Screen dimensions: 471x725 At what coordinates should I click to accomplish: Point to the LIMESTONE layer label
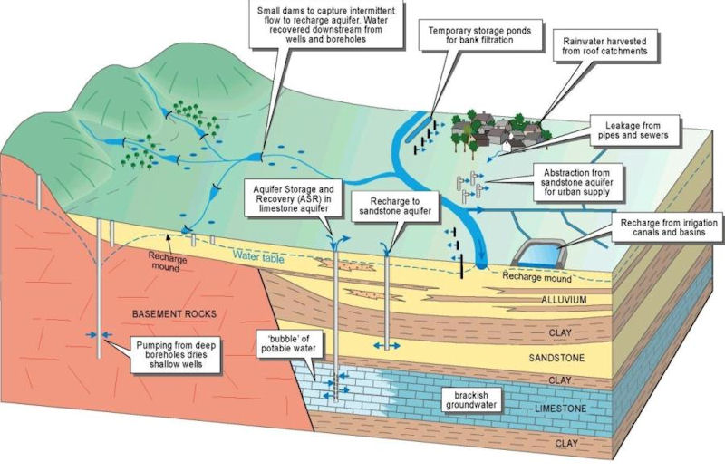563,409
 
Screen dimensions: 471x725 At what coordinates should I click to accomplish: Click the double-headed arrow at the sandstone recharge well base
386,347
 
